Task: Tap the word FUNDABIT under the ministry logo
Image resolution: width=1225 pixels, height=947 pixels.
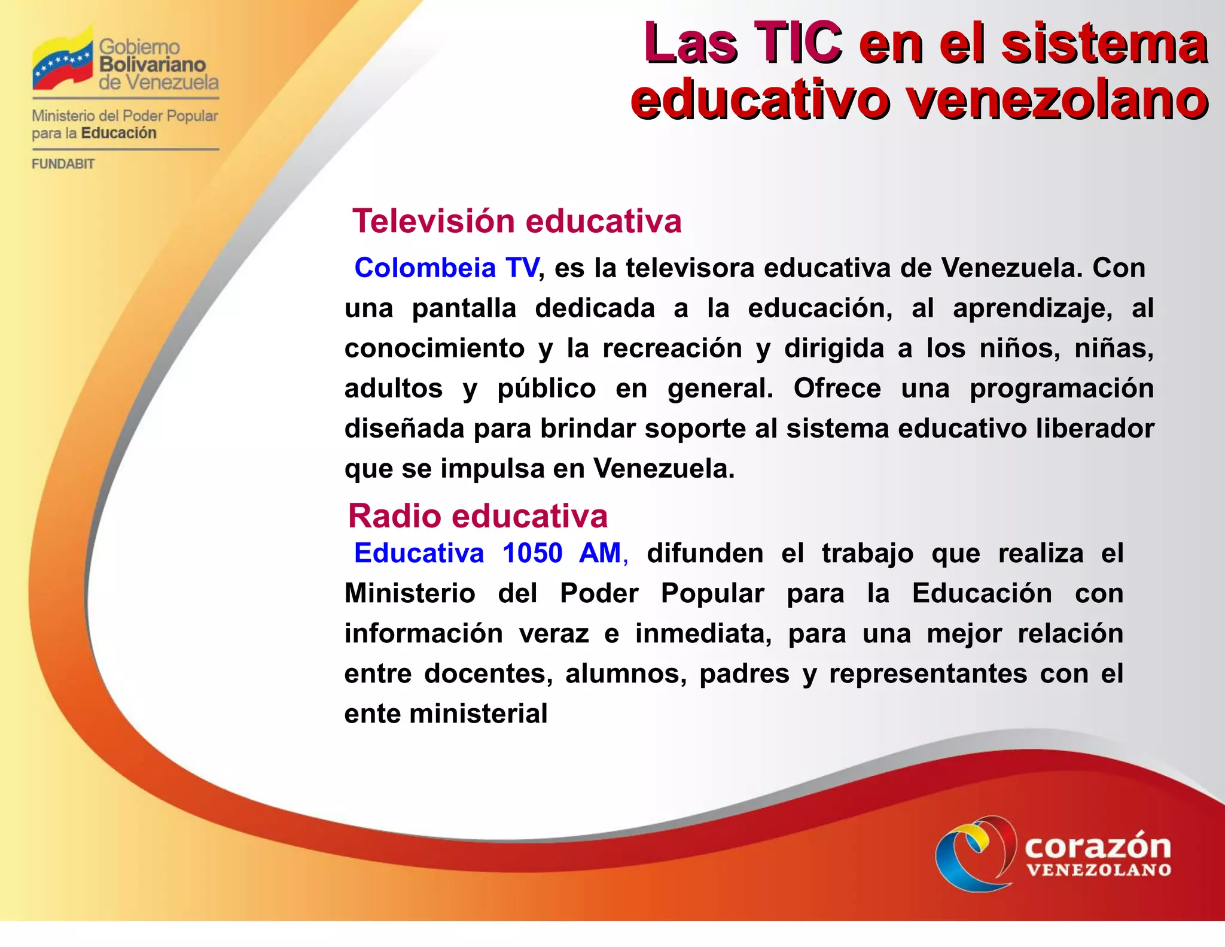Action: tap(63, 164)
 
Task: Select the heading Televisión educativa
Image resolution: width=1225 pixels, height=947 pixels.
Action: tap(517, 221)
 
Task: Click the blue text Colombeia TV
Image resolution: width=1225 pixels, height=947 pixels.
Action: tap(446, 268)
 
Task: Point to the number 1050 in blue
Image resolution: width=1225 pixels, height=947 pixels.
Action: tap(532, 553)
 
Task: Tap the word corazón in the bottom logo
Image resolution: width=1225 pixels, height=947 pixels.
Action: tap(1098, 846)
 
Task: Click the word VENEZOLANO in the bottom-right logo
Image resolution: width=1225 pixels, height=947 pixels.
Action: tap(1099, 870)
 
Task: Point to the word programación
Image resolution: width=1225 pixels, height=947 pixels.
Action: tap(1062, 388)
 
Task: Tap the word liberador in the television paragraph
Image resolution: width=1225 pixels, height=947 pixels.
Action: tap(1095, 429)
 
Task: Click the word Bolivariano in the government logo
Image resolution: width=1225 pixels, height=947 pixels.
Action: tap(153, 64)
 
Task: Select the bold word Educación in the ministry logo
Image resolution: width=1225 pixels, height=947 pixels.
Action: tap(118, 133)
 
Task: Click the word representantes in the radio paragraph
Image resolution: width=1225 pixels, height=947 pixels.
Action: tap(928, 674)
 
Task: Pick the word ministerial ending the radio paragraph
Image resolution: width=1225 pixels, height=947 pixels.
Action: tap(478, 714)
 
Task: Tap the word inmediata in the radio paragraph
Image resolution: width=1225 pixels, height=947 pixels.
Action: tap(703, 634)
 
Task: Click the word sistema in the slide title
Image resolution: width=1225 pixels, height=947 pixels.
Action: tap(1104, 43)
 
